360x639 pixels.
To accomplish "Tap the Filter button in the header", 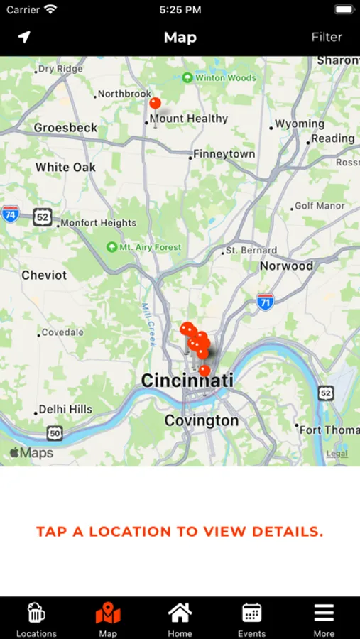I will (327, 37).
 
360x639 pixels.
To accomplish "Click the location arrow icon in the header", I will (25, 37).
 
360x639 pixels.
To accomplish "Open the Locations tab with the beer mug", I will (36, 618).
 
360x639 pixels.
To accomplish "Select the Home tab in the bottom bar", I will (180, 618).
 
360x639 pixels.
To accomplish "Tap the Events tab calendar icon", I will (252, 618).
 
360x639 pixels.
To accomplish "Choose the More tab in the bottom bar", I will (324, 618).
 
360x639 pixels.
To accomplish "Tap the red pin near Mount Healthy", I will (155, 104).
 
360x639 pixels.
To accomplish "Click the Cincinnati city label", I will (187, 381).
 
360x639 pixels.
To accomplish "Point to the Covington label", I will (202, 421).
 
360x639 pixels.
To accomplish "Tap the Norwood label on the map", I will (286, 266).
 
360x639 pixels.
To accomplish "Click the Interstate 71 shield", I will (266, 302).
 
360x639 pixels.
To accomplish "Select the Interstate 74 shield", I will (10, 214).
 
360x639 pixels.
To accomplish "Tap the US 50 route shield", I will (55, 432).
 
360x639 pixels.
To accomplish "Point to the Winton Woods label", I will (219, 77).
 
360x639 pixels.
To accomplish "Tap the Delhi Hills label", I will (65, 409).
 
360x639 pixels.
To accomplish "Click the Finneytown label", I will (224, 154).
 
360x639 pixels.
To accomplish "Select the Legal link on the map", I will (337, 454).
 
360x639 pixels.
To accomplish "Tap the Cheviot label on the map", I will (44, 275).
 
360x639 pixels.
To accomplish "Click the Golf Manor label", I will (320, 206).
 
